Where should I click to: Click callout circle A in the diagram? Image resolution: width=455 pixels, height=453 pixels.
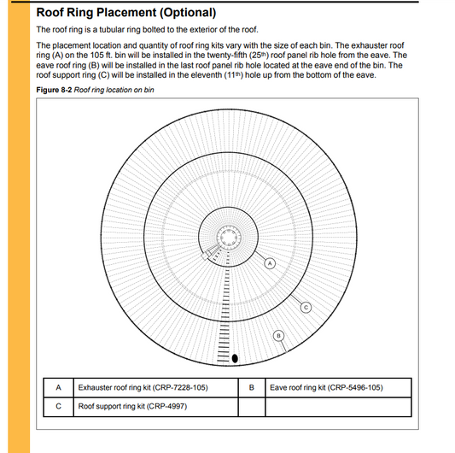[270, 263]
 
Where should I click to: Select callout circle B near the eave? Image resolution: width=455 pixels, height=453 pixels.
[278, 336]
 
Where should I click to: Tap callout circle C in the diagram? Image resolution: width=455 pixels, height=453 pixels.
[306, 308]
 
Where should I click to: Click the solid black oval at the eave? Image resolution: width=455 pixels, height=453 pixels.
[235, 359]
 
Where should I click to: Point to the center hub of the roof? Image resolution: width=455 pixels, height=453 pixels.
[229, 237]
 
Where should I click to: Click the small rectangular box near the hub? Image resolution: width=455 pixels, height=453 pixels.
[205, 256]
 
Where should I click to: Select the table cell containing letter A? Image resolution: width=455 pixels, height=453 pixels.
[58, 388]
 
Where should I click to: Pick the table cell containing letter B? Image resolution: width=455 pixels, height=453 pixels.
[252, 388]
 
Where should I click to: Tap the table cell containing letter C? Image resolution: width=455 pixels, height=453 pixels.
[58, 407]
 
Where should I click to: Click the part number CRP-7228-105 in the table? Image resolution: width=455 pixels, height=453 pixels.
[180, 388]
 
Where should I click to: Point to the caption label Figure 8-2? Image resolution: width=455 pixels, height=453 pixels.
[54, 90]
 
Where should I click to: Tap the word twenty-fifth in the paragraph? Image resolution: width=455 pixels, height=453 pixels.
[226, 56]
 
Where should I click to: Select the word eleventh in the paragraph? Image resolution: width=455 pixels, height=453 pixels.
[207, 75]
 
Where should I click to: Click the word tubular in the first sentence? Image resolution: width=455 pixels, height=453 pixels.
[111, 30]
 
